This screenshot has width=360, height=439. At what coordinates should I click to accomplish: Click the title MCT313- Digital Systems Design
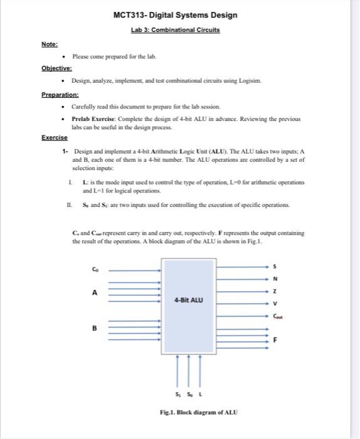(x=176, y=15)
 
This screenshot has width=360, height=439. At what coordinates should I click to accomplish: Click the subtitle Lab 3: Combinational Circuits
(x=176, y=29)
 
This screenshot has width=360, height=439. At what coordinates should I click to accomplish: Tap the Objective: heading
(x=56, y=68)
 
